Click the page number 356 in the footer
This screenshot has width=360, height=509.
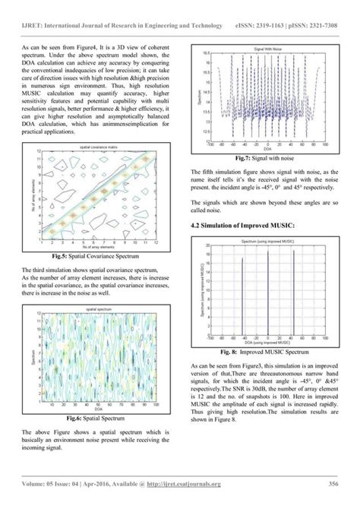[x=333, y=483]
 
